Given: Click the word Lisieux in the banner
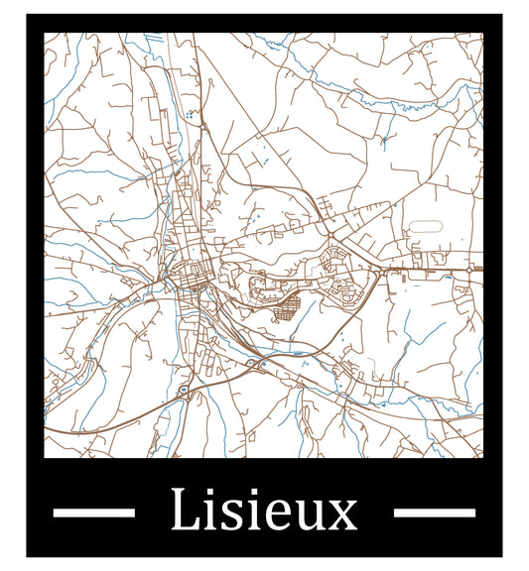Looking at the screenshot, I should point(263,512).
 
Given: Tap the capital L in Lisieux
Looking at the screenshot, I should point(184,511).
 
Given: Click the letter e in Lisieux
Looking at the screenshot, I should point(281,515).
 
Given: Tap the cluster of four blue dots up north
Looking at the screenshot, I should point(189,116).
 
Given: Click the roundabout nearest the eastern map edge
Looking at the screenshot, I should point(469,268).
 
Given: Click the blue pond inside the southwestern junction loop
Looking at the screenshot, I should point(185,391).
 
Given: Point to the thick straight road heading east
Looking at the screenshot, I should point(427,268).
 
